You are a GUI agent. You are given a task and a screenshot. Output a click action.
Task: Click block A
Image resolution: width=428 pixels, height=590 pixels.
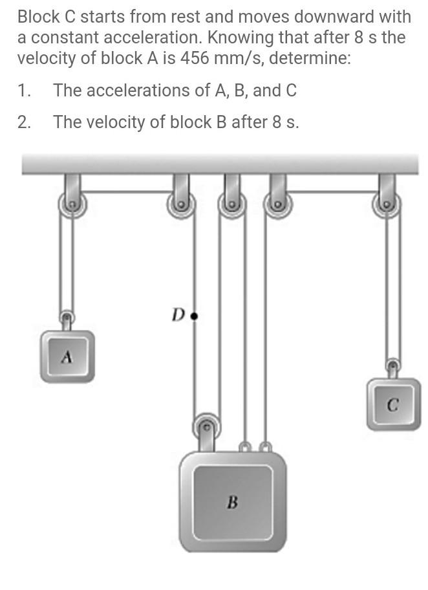coord(67,356)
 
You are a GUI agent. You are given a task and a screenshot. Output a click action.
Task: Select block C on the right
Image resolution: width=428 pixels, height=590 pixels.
coord(393,405)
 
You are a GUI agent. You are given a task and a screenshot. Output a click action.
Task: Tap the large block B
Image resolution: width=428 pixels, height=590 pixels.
coord(233,501)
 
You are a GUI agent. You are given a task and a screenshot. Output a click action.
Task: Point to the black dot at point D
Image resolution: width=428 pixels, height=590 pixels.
coord(195,316)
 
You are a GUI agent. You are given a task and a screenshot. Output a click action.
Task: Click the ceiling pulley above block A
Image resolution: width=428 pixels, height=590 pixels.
coord(72,206)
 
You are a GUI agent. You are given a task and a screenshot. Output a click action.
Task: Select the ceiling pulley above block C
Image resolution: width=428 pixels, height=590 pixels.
coord(387,206)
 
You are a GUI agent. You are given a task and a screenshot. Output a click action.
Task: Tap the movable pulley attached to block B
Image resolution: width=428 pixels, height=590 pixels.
coord(207,426)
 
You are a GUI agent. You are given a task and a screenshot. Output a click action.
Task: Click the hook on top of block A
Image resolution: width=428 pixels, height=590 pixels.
coord(66,319)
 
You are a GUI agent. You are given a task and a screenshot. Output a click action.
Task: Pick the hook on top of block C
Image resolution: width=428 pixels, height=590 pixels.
coord(393,367)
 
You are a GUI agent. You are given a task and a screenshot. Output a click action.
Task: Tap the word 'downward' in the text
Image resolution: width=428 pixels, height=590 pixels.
coord(312,16)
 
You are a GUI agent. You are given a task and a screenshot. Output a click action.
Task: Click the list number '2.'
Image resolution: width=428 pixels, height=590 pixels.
coord(25,122)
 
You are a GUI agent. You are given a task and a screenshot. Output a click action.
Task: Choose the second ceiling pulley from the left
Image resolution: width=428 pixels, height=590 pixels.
coord(182,206)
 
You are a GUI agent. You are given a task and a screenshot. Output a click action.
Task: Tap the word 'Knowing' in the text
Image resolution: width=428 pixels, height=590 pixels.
coord(239,37)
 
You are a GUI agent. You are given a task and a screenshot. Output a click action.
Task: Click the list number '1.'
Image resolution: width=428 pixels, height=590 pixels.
coord(24,91)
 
